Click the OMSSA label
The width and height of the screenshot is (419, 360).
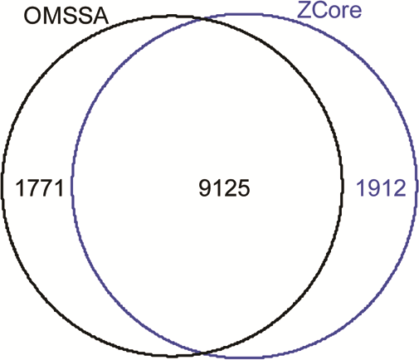click(x=66, y=17)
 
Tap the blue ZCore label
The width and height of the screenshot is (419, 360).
click(x=329, y=10)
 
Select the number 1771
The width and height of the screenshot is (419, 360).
click(x=40, y=188)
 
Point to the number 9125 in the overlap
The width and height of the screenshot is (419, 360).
click(x=224, y=188)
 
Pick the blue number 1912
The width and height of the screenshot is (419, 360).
click(x=381, y=188)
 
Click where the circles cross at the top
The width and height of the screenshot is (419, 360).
click(x=204, y=19)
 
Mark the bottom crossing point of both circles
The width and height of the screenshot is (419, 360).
click(x=203, y=353)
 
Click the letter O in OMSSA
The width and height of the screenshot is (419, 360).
click(x=32, y=17)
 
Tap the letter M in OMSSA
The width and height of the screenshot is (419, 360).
click(x=51, y=17)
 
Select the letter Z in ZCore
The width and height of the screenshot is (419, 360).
click(x=303, y=10)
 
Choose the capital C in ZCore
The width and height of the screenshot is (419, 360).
click(x=318, y=10)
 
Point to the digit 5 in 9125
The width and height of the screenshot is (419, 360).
click(x=244, y=188)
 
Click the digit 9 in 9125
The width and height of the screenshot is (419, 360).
click(x=205, y=188)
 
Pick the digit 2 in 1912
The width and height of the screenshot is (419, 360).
click(x=400, y=188)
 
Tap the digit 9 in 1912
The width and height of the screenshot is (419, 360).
click(x=374, y=188)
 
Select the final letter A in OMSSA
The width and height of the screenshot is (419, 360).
click(x=100, y=17)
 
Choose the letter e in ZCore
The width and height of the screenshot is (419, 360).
click(x=356, y=12)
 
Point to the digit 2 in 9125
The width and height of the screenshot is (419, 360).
click(x=231, y=188)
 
